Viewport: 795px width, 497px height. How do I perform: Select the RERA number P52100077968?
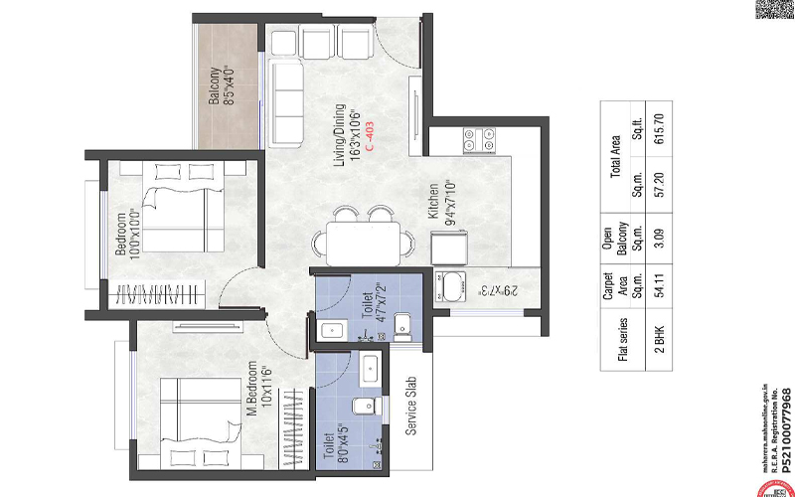(786, 435)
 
